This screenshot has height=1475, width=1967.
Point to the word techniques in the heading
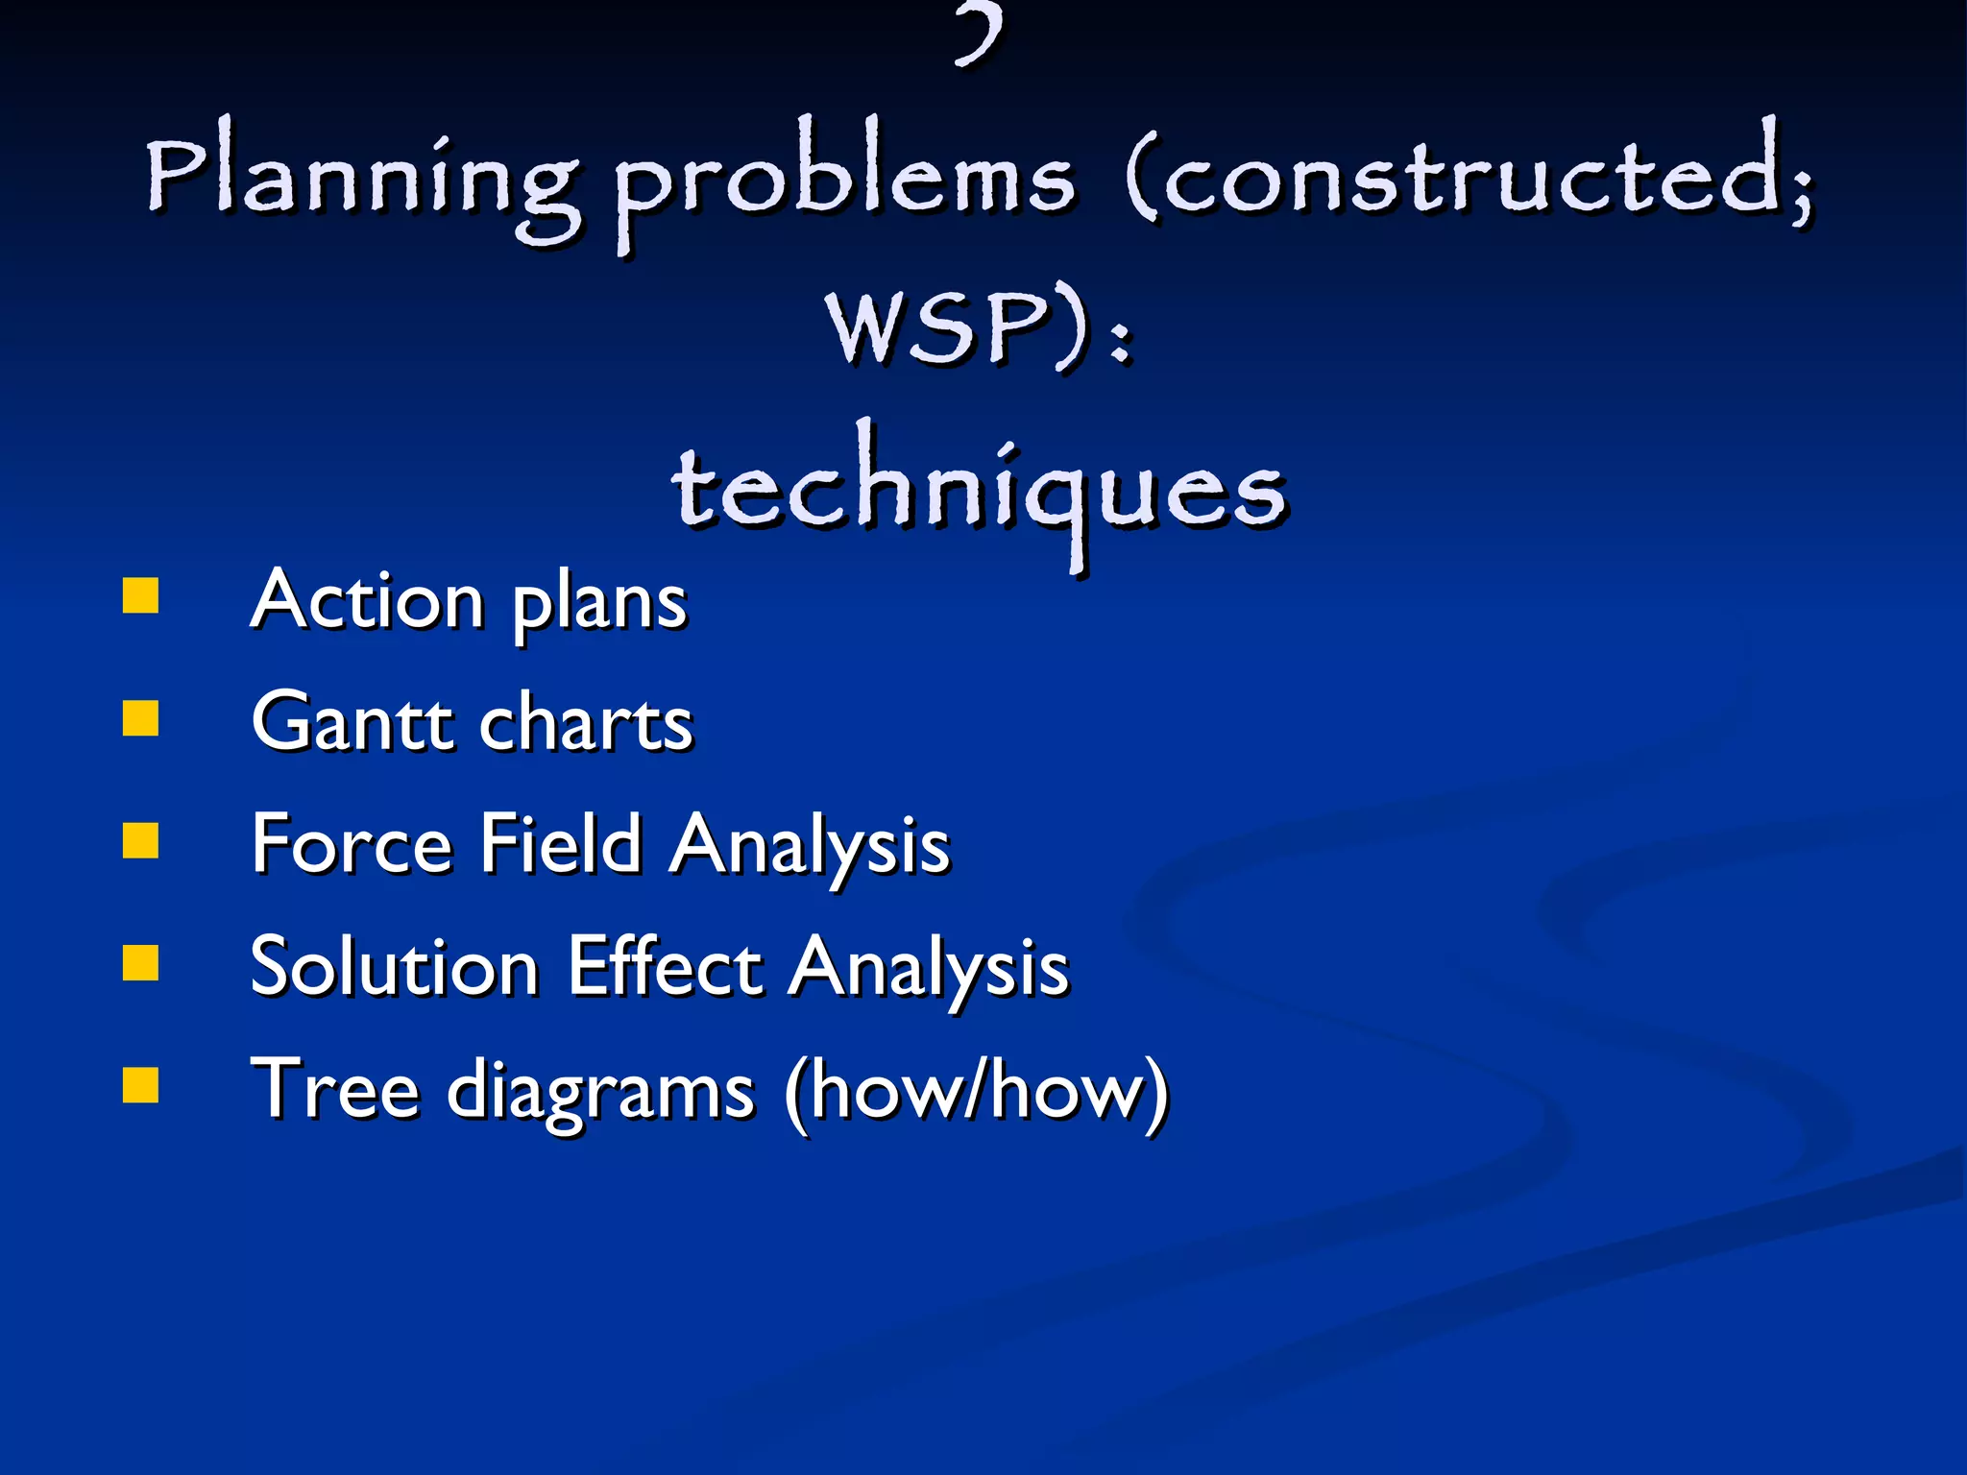pyautogui.click(x=980, y=490)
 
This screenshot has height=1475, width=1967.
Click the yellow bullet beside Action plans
pyautogui.click(x=141, y=595)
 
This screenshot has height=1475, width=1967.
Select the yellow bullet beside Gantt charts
pyautogui.click(x=141, y=717)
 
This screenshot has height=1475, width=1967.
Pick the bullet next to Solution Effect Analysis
pyautogui.click(x=141, y=962)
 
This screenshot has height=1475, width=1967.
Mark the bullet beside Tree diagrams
pyautogui.click(x=141, y=1085)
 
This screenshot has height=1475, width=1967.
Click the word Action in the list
pyautogui.click(x=368, y=600)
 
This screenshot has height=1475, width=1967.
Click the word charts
pyautogui.click(x=586, y=722)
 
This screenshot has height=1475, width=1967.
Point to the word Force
pyautogui.click(x=352, y=844)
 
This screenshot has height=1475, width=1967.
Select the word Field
pyautogui.click(x=561, y=844)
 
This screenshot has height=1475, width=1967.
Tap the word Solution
pyautogui.click(x=394, y=966)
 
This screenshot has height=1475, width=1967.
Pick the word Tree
pyautogui.click(x=335, y=1089)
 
